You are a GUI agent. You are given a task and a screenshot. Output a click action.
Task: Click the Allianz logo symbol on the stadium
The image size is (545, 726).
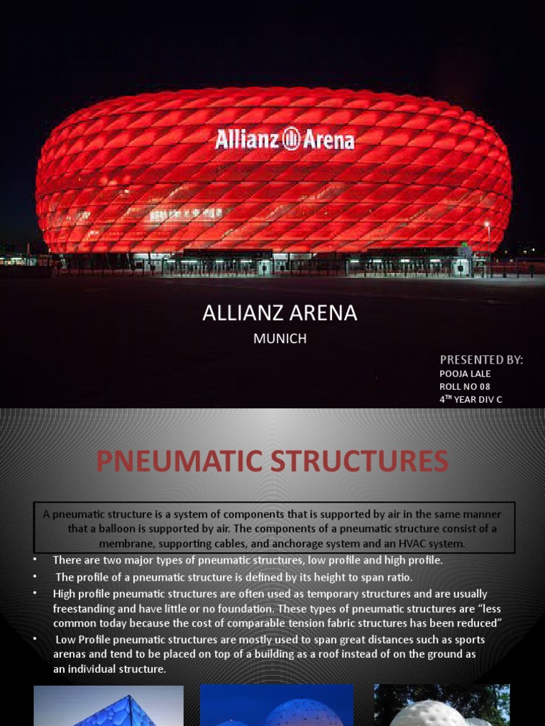(291, 138)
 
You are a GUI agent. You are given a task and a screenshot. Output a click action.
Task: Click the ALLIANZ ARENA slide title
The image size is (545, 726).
(280, 313)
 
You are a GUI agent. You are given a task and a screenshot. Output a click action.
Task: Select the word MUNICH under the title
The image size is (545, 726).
(280, 339)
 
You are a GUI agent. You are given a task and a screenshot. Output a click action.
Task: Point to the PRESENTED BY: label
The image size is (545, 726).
(481, 359)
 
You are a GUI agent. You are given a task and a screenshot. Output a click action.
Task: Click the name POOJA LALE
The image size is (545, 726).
(465, 374)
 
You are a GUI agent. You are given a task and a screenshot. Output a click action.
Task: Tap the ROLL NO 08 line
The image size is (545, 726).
(465, 386)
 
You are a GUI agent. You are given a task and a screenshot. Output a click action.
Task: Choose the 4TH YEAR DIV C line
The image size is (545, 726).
(470, 399)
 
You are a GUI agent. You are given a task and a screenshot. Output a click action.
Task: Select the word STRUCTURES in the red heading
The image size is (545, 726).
(362, 462)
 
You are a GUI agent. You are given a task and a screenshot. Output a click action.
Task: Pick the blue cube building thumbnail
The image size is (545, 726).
(108, 705)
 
